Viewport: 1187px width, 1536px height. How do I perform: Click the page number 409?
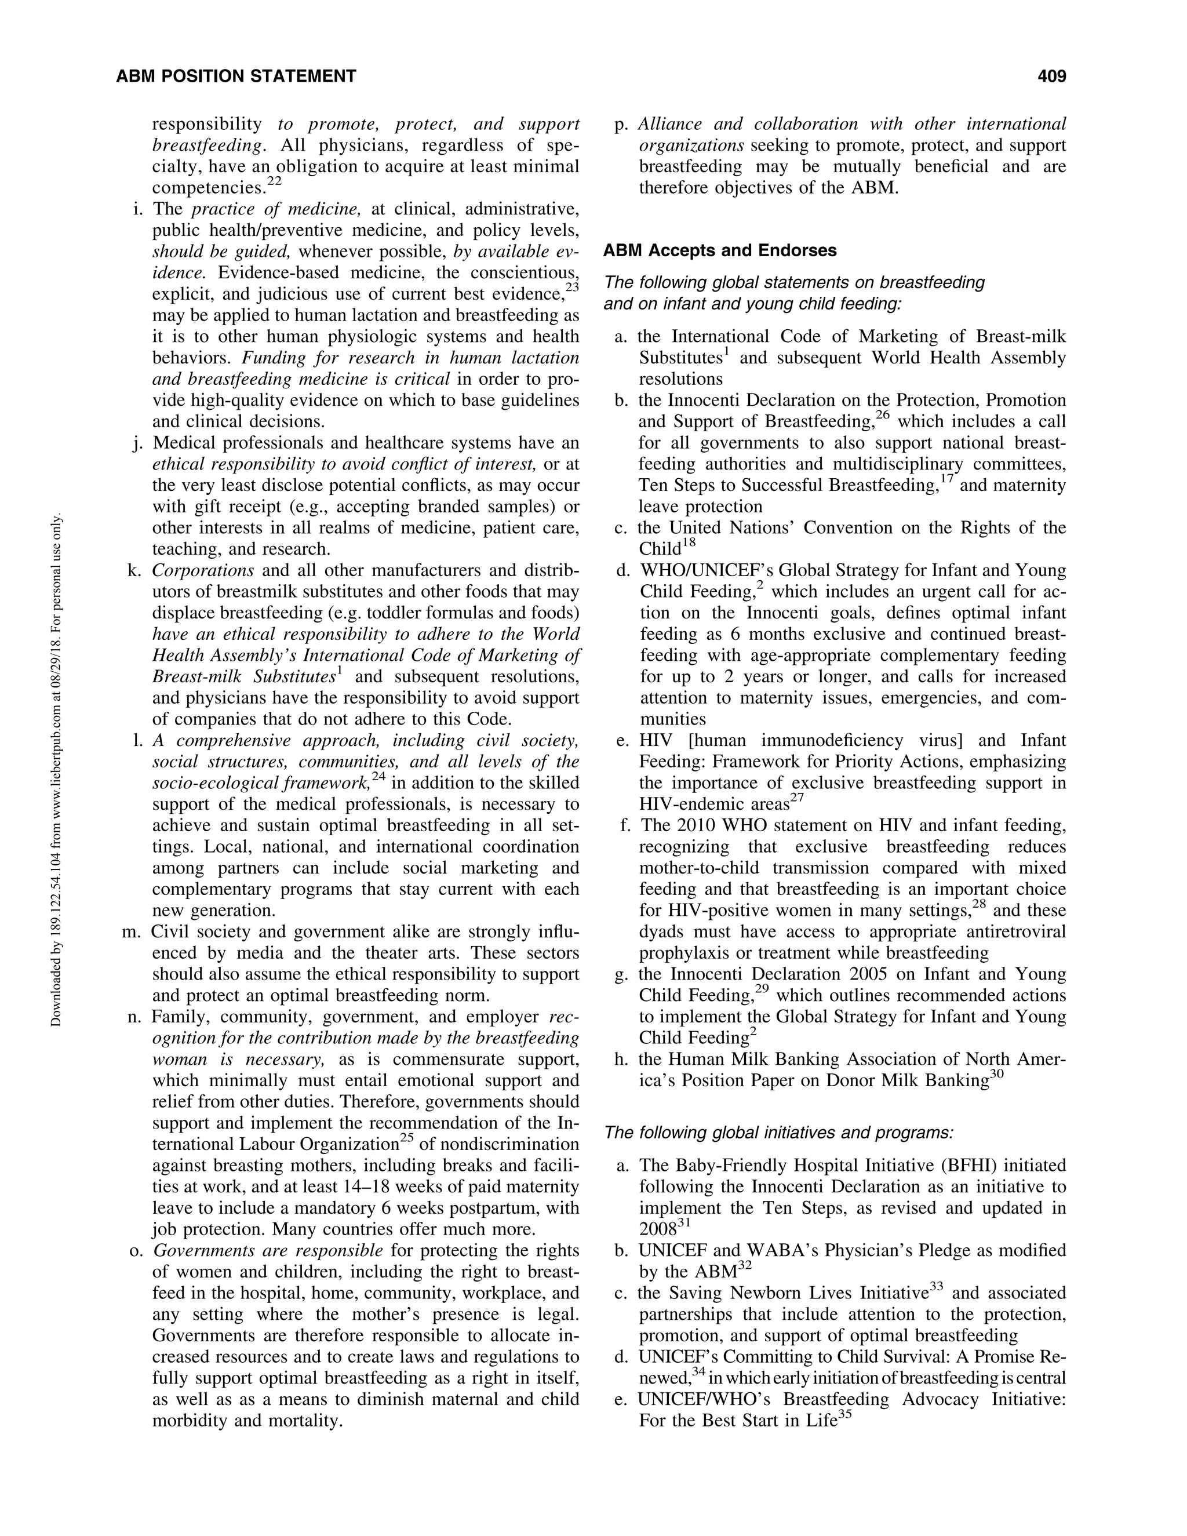point(1051,76)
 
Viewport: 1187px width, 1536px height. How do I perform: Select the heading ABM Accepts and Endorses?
point(720,250)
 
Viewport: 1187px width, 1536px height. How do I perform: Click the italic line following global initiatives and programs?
point(778,1133)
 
